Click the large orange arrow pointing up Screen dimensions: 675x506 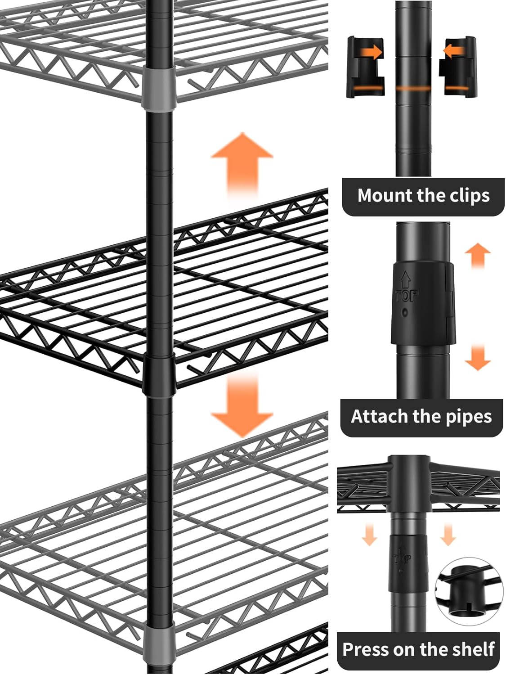click(x=242, y=164)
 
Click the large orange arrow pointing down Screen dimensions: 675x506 click(x=242, y=405)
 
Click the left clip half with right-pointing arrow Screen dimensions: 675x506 click(x=365, y=67)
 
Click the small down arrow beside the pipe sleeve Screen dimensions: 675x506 click(x=477, y=357)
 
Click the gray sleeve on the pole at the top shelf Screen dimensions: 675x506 click(x=159, y=88)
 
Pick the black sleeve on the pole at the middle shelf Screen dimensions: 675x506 click(x=159, y=373)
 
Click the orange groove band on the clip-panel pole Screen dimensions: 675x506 click(x=413, y=89)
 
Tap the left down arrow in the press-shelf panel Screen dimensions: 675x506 click(x=369, y=534)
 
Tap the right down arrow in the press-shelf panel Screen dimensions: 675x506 click(x=447, y=534)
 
